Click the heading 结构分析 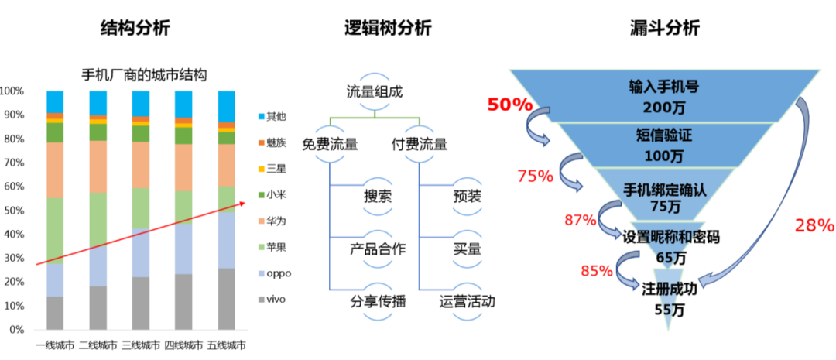(x=135, y=28)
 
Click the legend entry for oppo (x=279, y=273)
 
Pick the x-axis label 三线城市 (x=140, y=344)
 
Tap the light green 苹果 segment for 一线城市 (x=55, y=231)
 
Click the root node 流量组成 (x=375, y=91)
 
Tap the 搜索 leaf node (x=378, y=194)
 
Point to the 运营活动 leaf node (x=466, y=301)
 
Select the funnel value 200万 (x=663, y=106)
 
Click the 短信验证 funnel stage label (x=663, y=135)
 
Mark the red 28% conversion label (x=814, y=226)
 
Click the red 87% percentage (x=580, y=220)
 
